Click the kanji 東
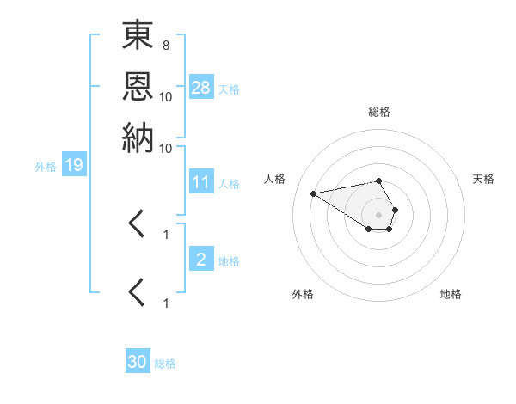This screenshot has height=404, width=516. (138, 36)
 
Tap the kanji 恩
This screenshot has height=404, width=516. (138, 87)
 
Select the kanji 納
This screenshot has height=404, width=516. (138, 138)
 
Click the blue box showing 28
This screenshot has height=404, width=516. (201, 87)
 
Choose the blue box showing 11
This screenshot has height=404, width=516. (201, 182)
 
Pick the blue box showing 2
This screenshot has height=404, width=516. (201, 259)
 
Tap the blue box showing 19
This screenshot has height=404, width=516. (73, 165)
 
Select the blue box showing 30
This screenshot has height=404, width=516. (138, 362)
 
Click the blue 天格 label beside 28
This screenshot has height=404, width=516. (229, 89)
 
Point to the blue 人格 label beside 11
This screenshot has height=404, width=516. (229, 184)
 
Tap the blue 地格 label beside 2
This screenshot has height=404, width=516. (229, 261)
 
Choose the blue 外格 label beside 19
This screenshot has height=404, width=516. (46, 167)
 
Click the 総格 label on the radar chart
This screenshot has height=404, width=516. (379, 112)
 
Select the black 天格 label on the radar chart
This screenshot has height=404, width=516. (483, 179)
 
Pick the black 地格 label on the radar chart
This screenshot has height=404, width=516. (451, 294)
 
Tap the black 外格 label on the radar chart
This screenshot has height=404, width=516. (303, 294)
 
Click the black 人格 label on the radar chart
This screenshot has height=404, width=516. (274, 179)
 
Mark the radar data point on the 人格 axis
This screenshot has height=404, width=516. (314, 193)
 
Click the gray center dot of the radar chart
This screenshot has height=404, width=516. (379, 214)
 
